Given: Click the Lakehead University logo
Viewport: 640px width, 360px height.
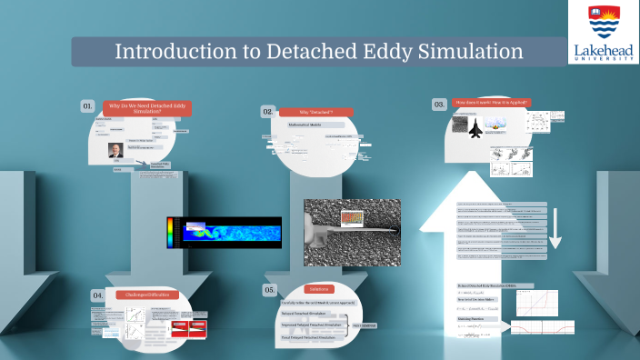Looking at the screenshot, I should [604, 32].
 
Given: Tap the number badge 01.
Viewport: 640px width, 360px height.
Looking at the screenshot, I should [88, 106].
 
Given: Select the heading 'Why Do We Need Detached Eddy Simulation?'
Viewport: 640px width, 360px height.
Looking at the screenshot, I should [146, 109].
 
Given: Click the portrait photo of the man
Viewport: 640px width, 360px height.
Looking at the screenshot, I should [115, 150].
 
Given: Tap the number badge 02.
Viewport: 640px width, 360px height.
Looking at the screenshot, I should [268, 111].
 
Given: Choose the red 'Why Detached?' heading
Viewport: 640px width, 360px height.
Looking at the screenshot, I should [315, 111].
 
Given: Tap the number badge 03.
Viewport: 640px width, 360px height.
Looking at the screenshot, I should [439, 105].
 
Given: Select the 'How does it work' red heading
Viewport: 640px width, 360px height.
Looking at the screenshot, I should [491, 103].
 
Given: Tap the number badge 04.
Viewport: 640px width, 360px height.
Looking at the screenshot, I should [98, 295].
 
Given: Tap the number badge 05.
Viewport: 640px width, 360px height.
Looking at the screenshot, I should [269, 289].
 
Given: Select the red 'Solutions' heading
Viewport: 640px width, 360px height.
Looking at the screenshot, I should [318, 288].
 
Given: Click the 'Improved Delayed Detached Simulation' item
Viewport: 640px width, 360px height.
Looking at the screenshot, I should [311, 324].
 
